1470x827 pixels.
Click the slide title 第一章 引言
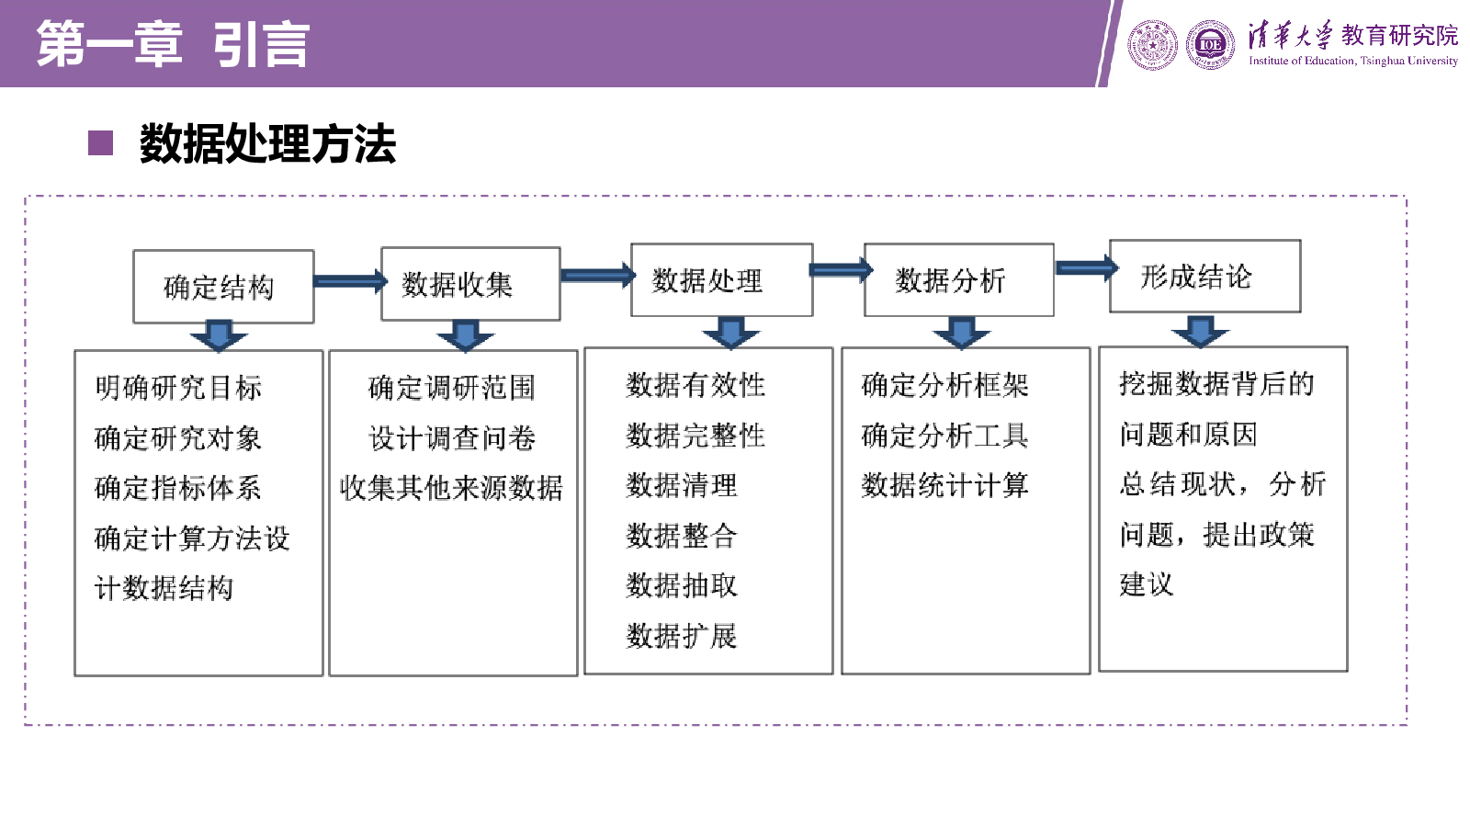point(173,44)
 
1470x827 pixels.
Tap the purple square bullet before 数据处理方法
point(100,143)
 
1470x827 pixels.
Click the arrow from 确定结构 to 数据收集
point(350,281)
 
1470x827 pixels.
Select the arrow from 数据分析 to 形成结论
point(1087,267)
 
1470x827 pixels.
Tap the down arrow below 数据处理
point(730,332)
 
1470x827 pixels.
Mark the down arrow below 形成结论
point(1200,331)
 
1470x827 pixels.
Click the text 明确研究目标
point(178,387)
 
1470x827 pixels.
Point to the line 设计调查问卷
point(451,437)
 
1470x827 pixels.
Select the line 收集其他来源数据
point(451,488)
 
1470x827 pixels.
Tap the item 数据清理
point(681,485)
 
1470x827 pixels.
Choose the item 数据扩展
point(681,635)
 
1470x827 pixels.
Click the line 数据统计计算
point(944,485)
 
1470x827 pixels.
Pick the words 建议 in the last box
point(1146,583)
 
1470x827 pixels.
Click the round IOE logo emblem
point(1210,45)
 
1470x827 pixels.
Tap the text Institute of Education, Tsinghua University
point(1352,61)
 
